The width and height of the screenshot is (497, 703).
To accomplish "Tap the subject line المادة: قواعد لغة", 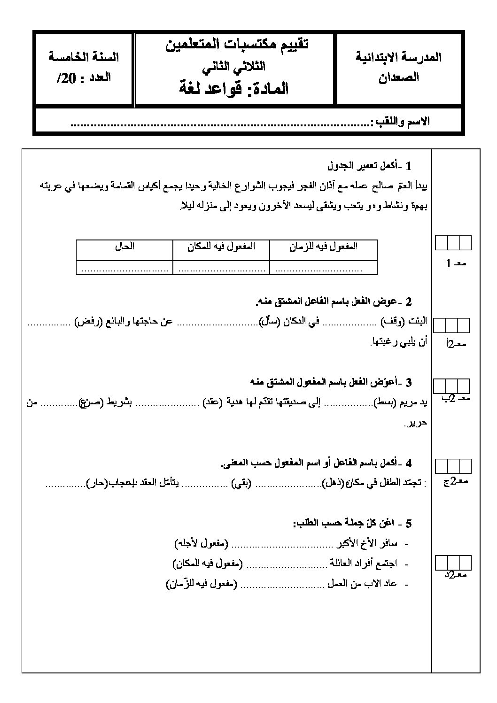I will pyautogui.click(x=234, y=88).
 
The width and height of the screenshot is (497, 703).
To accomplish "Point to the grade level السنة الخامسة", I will pyautogui.click(x=84, y=57).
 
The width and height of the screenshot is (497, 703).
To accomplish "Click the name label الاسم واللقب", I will pyautogui.click(x=400, y=122).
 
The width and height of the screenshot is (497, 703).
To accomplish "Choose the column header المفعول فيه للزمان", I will pyautogui.click(x=323, y=246).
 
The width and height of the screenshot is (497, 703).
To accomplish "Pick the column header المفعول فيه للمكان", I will pyautogui.click(x=221, y=246).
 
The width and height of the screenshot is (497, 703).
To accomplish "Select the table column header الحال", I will pyautogui.click(x=124, y=246).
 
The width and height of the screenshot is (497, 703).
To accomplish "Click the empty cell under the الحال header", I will pyautogui.click(x=124, y=268).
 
